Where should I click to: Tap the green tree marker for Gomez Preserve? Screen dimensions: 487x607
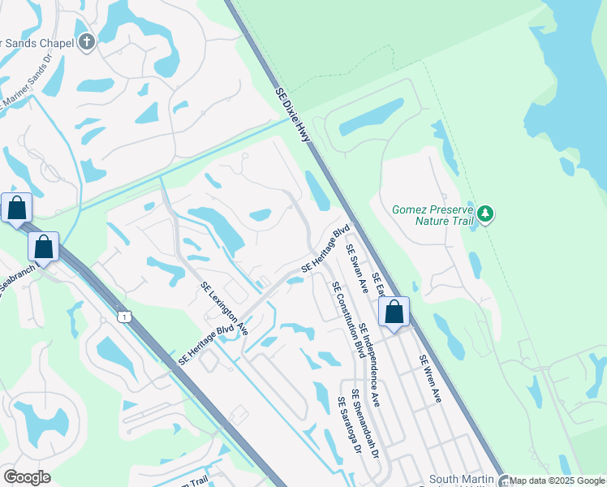[x=485, y=214]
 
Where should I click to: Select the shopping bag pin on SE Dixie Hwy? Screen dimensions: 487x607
[x=394, y=312]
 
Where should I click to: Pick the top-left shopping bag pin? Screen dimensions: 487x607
[x=16, y=209]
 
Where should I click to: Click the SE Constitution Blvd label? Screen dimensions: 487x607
[x=346, y=320]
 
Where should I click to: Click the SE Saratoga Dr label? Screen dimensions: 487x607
[x=347, y=437]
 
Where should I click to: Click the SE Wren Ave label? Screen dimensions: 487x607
[x=429, y=378]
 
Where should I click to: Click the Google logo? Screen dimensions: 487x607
[x=27, y=477]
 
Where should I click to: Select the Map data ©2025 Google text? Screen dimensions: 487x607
[x=557, y=481]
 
